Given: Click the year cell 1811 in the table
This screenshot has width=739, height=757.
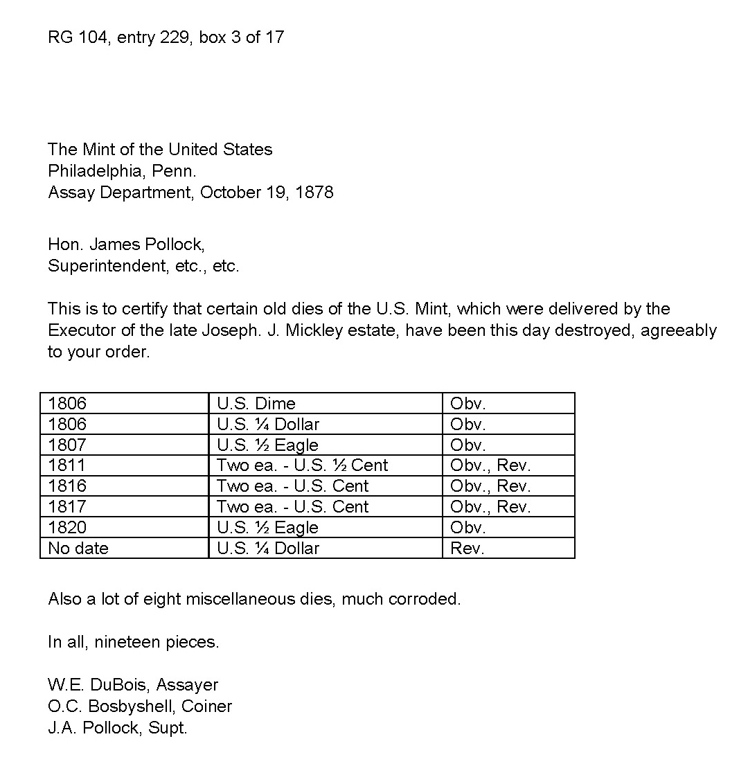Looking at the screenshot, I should click(x=67, y=465).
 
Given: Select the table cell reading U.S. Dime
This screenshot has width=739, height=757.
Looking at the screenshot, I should click(x=256, y=403).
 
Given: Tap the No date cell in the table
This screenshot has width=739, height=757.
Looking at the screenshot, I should click(x=78, y=549).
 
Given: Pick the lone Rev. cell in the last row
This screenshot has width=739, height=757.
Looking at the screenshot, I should click(x=468, y=549).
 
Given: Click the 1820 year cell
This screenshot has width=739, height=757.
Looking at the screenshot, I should click(x=67, y=528).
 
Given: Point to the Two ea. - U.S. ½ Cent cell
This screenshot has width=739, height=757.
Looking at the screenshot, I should click(x=303, y=465).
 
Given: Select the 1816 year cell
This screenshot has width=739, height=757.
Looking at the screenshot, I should click(x=67, y=486).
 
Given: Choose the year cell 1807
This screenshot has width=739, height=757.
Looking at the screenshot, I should click(x=67, y=445).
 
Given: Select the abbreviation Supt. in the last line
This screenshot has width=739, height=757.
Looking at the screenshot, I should click(x=168, y=728).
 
